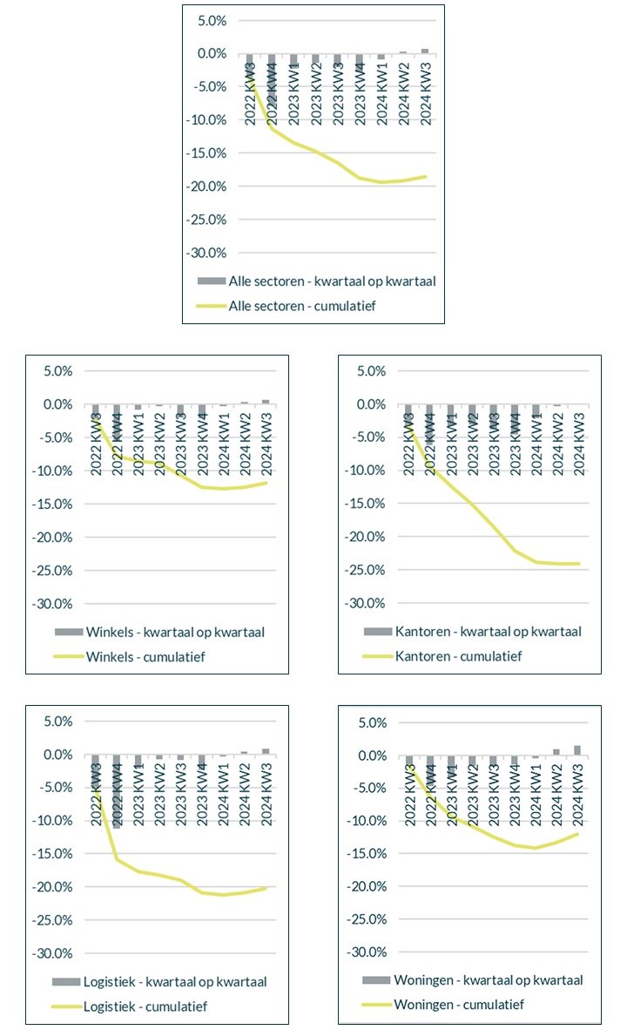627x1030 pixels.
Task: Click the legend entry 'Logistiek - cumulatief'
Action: pyautogui.click(x=140, y=1006)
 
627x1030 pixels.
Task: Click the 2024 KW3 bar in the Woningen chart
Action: pyautogui.click(x=576, y=750)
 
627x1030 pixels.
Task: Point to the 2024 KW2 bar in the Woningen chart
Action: pyautogui.click(x=556, y=752)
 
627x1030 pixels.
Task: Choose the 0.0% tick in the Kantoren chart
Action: pyautogui.click(x=368, y=404)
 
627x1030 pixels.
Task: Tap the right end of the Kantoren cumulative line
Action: pyautogui.click(x=579, y=563)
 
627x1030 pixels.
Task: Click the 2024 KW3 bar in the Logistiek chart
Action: pyautogui.click(x=266, y=751)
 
